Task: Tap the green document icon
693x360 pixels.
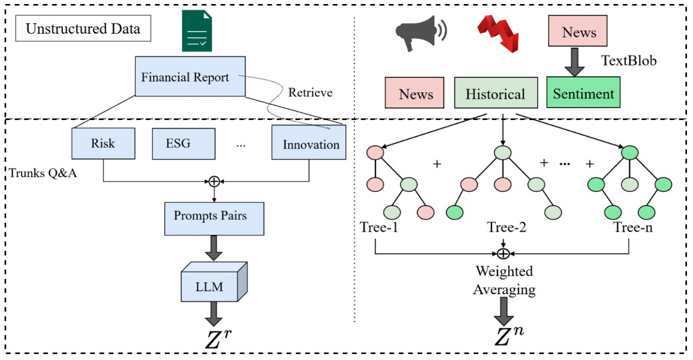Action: click(x=197, y=32)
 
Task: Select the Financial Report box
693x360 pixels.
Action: click(x=185, y=77)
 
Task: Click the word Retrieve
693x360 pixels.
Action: click(x=310, y=92)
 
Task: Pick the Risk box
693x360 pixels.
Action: click(x=103, y=144)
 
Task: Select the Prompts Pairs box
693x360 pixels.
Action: click(x=214, y=216)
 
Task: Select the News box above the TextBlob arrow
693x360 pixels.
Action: click(x=579, y=33)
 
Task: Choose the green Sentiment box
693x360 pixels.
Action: click(x=584, y=93)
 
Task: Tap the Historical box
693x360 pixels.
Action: click(x=495, y=94)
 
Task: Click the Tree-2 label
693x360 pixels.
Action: click(x=507, y=228)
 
